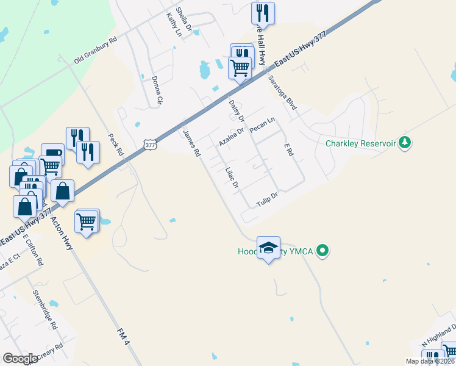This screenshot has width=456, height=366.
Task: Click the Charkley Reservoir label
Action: tap(361, 143)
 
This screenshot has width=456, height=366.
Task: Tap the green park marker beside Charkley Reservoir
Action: tap(404, 143)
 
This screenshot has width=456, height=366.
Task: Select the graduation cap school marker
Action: tap(268, 248)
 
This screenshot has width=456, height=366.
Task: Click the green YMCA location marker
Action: tap(324, 251)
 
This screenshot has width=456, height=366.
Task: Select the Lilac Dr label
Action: tap(231, 176)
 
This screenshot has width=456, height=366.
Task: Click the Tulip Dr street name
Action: tap(267, 199)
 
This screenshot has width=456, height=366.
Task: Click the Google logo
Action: tap(20, 359)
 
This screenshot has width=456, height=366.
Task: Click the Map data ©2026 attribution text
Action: tap(430, 361)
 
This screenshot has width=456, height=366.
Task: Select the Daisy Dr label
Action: tap(236, 109)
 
